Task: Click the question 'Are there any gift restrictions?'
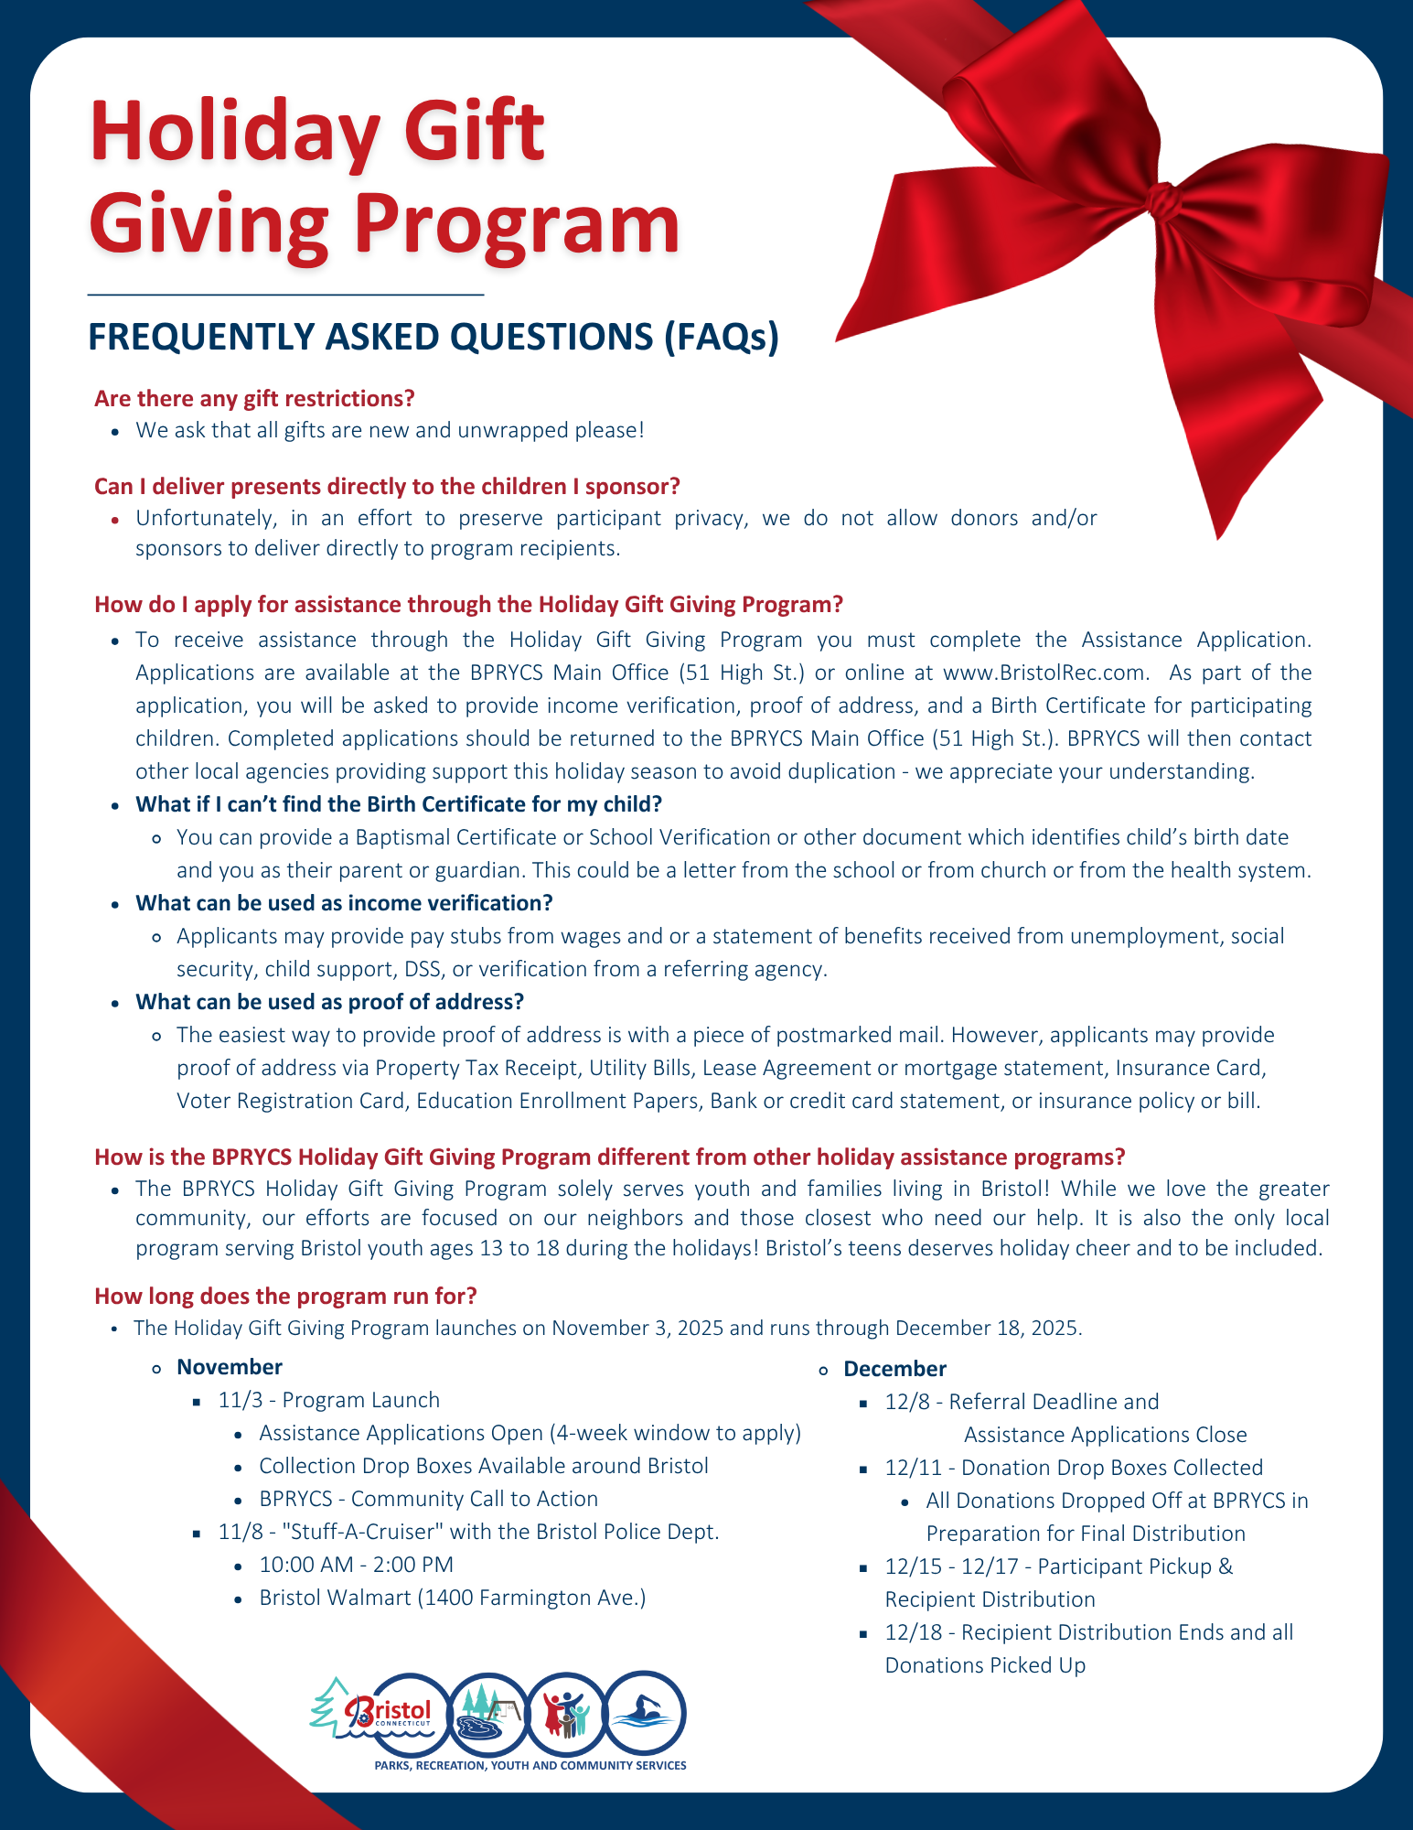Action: click(254, 399)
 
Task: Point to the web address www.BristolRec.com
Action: click(1044, 673)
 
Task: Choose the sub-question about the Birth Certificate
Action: click(399, 804)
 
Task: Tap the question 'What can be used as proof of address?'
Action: click(329, 1002)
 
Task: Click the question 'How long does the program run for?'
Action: click(285, 1296)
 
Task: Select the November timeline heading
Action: click(230, 1367)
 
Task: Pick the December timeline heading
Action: click(894, 1369)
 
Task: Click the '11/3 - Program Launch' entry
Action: click(329, 1400)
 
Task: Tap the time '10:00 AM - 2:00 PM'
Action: click(357, 1565)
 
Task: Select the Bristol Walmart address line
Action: click(453, 1598)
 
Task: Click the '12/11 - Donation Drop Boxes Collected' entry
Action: click(1074, 1468)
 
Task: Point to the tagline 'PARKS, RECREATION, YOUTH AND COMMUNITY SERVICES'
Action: click(530, 1765)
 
